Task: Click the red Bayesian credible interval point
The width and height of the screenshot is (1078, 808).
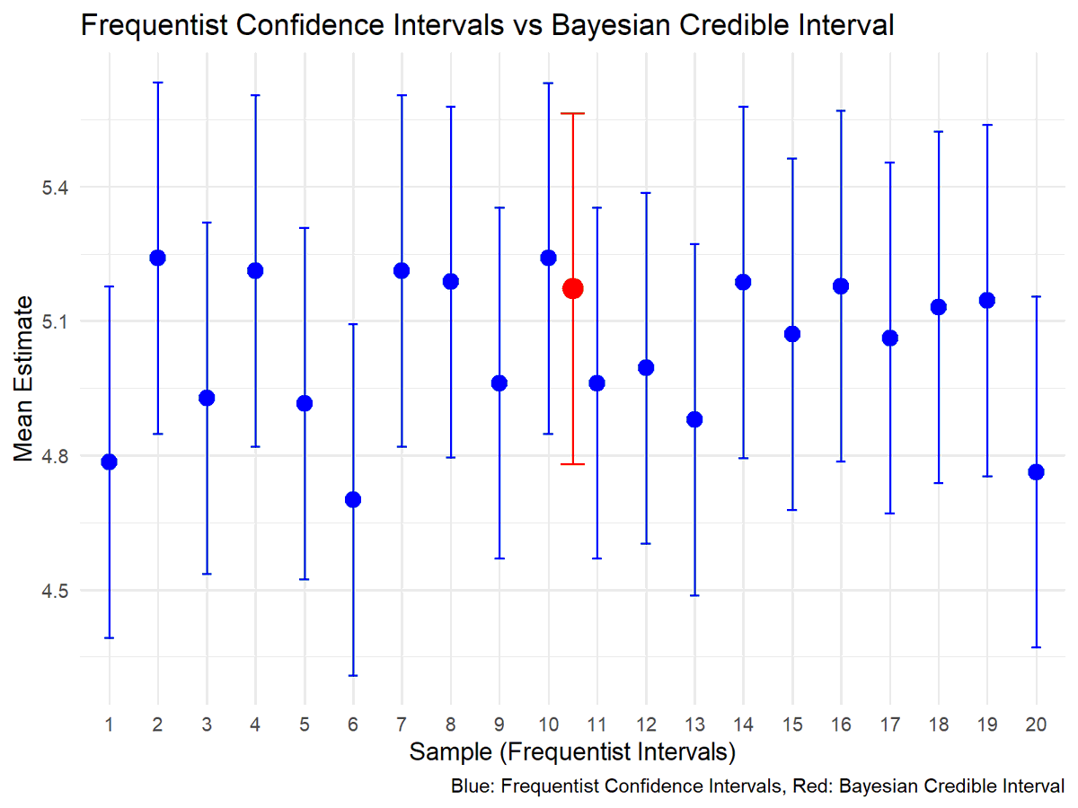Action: [x=572, y=288]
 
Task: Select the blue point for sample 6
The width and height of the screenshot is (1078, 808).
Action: [x=353, y=499]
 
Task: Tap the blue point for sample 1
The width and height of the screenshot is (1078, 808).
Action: [x=110, y=461]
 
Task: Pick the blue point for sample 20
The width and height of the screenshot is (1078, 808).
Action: [x=1036, y=472]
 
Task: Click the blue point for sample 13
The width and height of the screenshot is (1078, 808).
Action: [x=694, y=419]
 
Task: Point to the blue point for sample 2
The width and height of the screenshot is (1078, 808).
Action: [x=158, y=258]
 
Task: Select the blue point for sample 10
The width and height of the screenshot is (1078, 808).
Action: [x=548, y=258]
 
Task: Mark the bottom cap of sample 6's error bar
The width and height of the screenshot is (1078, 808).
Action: [x=353, y=675]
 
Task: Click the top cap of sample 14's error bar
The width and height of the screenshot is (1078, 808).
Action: [x=743, y=107]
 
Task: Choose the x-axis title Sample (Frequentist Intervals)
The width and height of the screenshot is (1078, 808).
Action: [x=573, y=751]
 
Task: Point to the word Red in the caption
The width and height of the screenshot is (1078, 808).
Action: [x=800, y=787]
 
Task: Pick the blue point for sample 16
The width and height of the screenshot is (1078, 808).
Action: [x=841, y=286]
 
